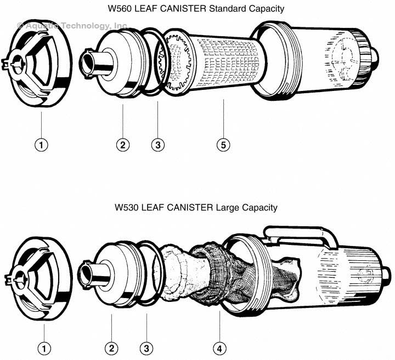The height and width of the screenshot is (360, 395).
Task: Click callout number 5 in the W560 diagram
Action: (x=223, y=145)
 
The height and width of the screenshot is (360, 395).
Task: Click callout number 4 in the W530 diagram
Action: (x=219, y=347)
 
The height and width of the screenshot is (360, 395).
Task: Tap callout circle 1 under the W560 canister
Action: (x=42, y=145)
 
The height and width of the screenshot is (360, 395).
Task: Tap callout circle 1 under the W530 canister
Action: (x=43, y=347)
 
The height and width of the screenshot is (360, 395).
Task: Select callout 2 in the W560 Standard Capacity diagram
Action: (x=123, y=145)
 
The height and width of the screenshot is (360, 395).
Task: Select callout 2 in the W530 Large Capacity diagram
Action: (x=111, y=347)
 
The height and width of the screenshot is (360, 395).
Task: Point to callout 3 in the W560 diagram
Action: (x=157, y=145)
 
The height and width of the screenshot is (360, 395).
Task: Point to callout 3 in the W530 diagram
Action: (x=146, y=347)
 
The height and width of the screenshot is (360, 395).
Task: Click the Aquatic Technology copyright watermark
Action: (x=72, y=25)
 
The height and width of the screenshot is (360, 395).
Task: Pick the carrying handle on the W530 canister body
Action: (x=296, y=233)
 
